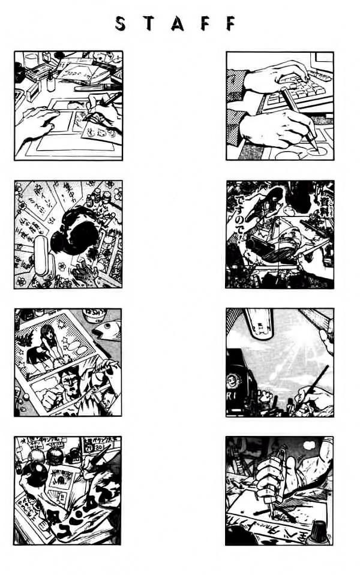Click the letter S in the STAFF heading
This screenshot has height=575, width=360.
tap(121, 23)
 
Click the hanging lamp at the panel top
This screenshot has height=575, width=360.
tap(258, 321)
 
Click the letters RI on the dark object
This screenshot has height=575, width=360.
tap(235, 398)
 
